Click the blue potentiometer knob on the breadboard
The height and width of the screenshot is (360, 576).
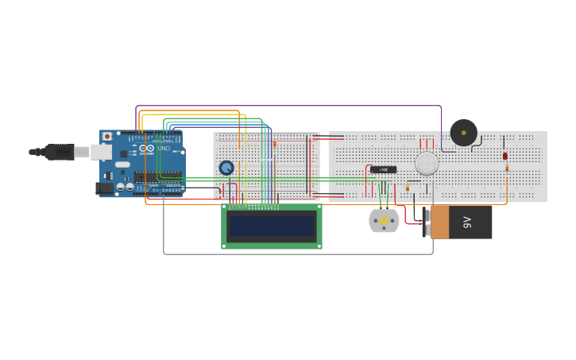tap(226, 168)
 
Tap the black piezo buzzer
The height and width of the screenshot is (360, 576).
tap(463, 132)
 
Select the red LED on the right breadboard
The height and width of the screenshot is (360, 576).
tap(505, 156)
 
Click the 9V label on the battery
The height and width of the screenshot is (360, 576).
tap(468, 222)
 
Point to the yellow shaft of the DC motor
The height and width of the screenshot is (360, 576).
tap(384, 221)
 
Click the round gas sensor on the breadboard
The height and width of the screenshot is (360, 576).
tap(427, 164)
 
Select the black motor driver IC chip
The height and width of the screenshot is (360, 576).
tap(383, 169)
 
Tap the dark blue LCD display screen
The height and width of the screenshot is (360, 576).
tap(272, 226)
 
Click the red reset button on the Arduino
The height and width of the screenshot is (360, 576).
tap(106, 137)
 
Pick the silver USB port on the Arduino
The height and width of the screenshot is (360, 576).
tap(100, 151)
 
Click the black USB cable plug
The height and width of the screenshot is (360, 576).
tap(60, 151)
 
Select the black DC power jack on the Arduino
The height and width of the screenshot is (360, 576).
tap(103, 188)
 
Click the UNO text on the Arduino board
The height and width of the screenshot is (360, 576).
tap(164, 149)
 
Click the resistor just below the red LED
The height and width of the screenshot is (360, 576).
tap(507, 168)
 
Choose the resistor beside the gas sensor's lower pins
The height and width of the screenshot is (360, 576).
tap(408, 188)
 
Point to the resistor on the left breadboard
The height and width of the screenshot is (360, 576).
tap(274, 145)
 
